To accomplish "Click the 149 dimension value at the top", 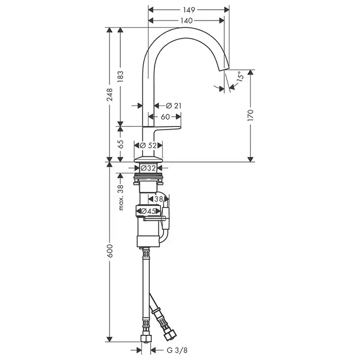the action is point(189,10).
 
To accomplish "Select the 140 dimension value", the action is point(186,21).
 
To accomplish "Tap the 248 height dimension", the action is point(110,95).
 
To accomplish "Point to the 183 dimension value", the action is point(120,77).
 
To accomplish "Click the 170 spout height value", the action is point(251,116).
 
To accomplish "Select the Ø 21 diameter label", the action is point(174,105).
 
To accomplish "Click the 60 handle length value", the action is point(165,117).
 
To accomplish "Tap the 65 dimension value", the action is point(120,144).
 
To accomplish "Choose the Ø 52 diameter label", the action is point(148,146).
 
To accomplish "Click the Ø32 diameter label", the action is point(148,168).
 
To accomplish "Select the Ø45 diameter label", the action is point(149,211).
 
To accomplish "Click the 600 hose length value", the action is point(110,250).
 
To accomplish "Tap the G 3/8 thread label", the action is point(177,350).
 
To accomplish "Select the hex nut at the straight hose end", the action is point(146,338).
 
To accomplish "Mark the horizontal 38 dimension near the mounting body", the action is point(158,199).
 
